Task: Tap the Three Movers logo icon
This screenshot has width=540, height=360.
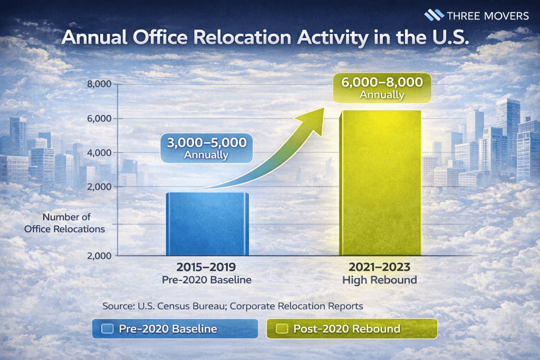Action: pyautogui.click(x=434, y=15)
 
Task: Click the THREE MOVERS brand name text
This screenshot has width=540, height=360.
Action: pyautogui.click(x=488, y=15)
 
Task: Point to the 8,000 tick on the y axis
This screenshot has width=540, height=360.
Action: pyautogui.click(x=99, y=84)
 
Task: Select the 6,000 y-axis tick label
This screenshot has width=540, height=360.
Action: pyautogui.click(x=99, y=119)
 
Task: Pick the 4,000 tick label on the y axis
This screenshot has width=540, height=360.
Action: pyautogui.click(x=99, y=153)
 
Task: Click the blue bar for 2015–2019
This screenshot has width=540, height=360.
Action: pyautogui.click(x=207, y=224)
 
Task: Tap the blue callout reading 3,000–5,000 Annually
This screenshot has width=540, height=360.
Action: pyautogui.click(x=206, y=148)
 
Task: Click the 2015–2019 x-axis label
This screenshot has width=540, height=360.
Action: pyautogui.click(x=207, y=267)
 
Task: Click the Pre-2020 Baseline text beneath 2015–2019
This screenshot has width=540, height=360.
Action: pyautogui.click(x=207, y=280)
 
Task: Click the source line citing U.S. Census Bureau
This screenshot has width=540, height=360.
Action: pyautogui.click(x=233, y=306)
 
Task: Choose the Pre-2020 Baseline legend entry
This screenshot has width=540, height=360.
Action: pyautogui.click(x=175, y=329)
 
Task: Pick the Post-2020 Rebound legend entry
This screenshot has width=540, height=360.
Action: pyautogui.click(x=352, y=329)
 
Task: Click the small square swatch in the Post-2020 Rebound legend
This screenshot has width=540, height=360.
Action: pyautogui.click(x=282, y=329)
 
